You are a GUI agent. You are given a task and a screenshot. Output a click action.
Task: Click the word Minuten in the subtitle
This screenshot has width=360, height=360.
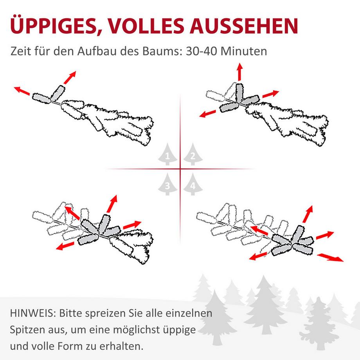pos(245,51)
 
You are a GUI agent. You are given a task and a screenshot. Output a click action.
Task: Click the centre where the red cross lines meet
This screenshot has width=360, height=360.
pos(180,169)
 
